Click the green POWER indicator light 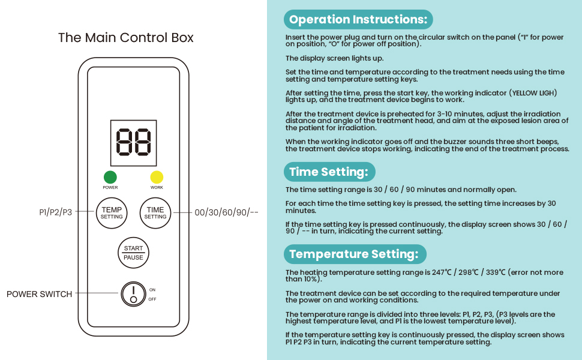pos(110,177)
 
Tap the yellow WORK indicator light pos(157,177)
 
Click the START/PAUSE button pos(133,253)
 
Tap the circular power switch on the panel pos(133,294)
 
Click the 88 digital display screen pos(133,142)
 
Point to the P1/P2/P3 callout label pos(56,212)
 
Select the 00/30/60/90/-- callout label pos(226,212)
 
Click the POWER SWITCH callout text pos(39,294)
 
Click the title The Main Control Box pos(126,38)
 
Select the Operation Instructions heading pos(358,20)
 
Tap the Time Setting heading pos(328,172)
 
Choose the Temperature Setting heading pos(353,254)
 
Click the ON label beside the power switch pos(152,290)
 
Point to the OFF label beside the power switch pos(152,299)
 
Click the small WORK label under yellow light pos(157,188)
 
